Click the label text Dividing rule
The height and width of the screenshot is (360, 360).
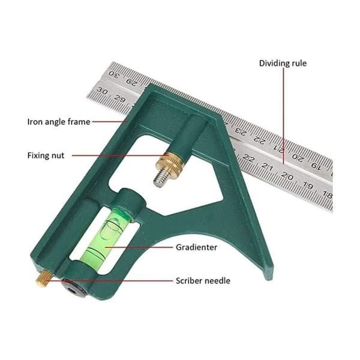tap(283, 64)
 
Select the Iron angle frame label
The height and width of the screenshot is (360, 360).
tap(59, 122)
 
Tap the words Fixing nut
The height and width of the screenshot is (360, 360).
tap(46, 155)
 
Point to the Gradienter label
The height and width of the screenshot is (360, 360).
tap(197, 247)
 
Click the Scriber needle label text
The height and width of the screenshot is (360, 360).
tap(203, 281)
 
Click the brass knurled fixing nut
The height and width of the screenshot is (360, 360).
tap(169, 163)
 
